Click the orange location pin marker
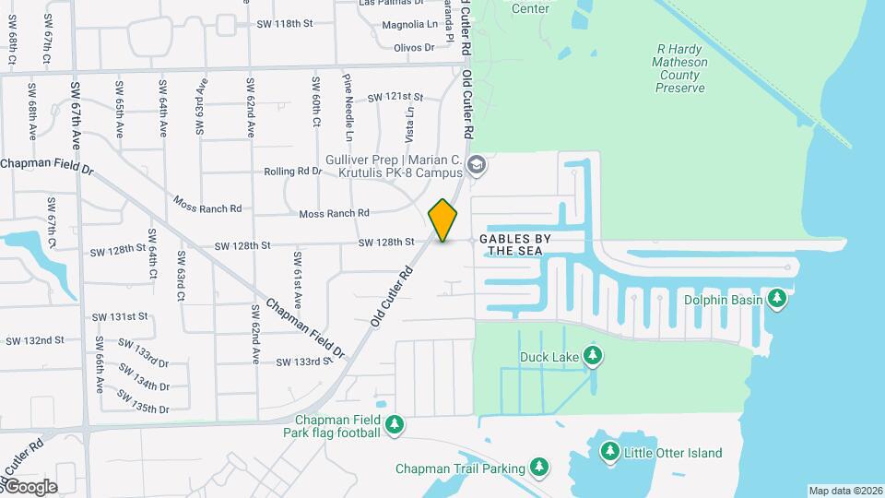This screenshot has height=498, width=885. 443,220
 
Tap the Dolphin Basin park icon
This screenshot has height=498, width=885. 778,299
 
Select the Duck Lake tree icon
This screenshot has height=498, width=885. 594,356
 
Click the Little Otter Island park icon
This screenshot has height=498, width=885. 609,452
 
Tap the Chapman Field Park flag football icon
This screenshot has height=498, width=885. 395,423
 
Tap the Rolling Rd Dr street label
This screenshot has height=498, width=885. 293,172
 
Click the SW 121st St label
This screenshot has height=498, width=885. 395,97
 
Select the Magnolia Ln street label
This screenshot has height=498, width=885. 409,24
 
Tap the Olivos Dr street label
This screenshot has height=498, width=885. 414,47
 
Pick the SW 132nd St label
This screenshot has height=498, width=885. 35,340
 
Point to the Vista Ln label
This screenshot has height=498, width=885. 410,122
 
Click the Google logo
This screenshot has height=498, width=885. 29,487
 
